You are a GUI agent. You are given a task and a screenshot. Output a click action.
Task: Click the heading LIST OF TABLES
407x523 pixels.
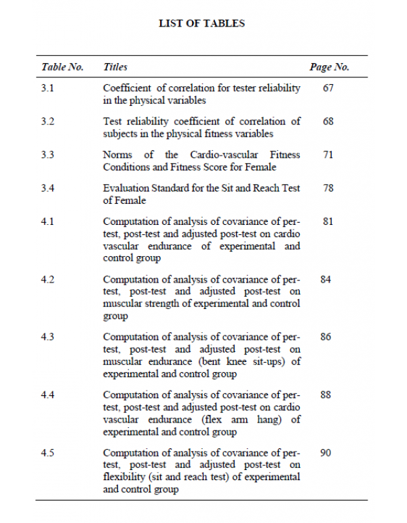(201, 23)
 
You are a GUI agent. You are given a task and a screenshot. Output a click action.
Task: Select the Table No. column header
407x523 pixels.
(62, 67)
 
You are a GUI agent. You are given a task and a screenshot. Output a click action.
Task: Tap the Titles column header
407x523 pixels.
(115, 67)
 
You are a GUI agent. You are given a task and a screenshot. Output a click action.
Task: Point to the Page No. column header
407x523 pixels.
(329, 67)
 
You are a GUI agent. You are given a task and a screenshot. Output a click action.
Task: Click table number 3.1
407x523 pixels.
(47, 88)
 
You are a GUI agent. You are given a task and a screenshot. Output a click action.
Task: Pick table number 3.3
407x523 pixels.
(47, 155)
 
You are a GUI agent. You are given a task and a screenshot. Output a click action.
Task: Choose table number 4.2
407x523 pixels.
(47, 279)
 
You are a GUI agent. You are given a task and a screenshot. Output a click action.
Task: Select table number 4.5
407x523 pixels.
(47, 453)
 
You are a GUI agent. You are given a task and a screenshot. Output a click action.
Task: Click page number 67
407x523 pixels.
(328, 88)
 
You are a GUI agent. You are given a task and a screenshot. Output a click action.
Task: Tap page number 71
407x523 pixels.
(328, 155)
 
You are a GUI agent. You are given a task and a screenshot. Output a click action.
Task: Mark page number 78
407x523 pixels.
(328, 188)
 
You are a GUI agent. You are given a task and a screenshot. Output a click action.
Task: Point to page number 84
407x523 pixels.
(326, 279)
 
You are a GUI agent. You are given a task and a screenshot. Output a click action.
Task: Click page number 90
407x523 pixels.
(326, 453)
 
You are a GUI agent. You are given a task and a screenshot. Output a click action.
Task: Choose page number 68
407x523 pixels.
(328, 122)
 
